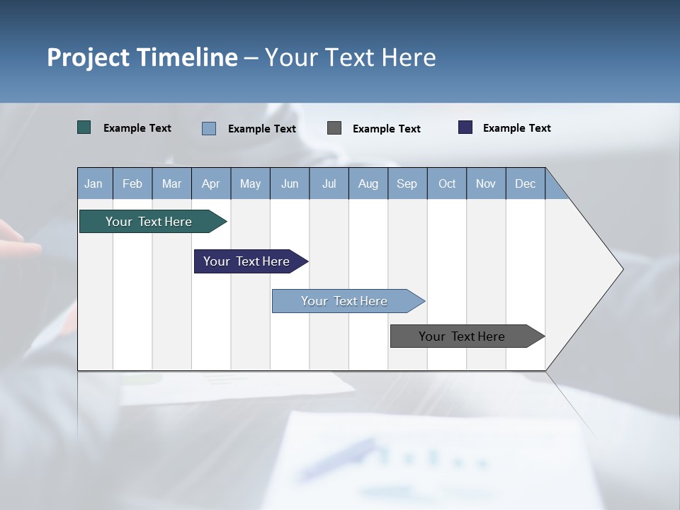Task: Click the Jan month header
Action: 93,183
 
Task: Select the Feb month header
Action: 132,183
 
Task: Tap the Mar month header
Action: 171,183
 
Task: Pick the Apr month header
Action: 211,183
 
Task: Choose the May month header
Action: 250,183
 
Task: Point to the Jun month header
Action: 290,183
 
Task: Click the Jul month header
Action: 329,183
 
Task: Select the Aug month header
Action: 368,183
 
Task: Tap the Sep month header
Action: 407,183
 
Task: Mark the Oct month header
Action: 447,183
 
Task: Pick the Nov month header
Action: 486,183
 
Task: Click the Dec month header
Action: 526,183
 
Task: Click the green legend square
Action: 84,127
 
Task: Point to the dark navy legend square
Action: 465,127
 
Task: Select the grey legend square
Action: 334,128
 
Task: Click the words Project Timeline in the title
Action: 142,57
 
